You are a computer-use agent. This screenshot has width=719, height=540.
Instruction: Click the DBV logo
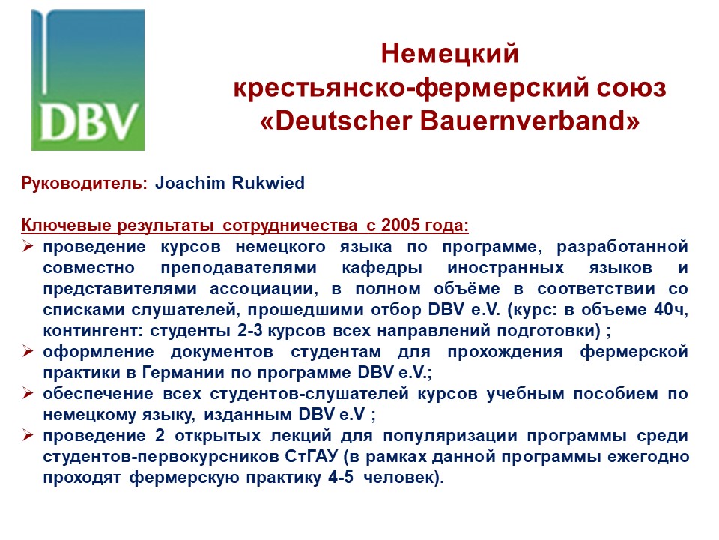pyautogui.click(x=88, y=80)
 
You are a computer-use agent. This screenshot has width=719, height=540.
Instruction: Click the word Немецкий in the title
pyautogui.click(x=449, y=54)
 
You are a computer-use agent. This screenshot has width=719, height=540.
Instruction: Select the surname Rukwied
pyautogui.click(x=268, y=183)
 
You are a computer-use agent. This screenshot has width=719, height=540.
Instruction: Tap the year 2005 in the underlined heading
pyautogui.click(x=400, y=225)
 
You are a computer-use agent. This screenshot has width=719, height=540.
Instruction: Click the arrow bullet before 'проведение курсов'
pyautogui.click(x=28, y=247)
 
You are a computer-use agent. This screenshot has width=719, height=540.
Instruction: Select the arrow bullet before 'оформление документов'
pyautogui.click(x=28, y=352)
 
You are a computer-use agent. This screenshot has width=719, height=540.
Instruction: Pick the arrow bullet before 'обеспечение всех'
pyautogui.click(x=28, y=394)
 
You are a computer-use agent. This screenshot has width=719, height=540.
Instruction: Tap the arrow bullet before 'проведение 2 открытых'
pyautogui.click(x=28, y=435)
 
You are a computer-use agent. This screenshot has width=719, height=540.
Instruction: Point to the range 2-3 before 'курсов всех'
pyautogui.click(x=249, y=330)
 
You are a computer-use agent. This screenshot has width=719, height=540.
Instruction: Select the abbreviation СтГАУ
pyautogui.click(x=312, y=457)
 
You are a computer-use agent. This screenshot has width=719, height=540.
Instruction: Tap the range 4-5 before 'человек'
pyautogui.click(x=341, y=477)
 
